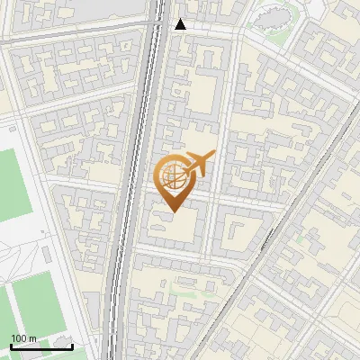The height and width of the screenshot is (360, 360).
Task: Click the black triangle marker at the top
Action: [x=180, y=24]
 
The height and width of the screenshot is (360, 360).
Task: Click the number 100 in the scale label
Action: [x=18, y=337]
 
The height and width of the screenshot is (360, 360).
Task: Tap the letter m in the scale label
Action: [x=33, y=337]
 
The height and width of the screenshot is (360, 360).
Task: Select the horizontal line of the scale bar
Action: [x=41, y=346]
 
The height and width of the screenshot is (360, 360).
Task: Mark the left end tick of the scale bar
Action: [x=11, y=344]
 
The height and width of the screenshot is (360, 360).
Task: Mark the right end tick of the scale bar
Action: [x=72, y=344]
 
